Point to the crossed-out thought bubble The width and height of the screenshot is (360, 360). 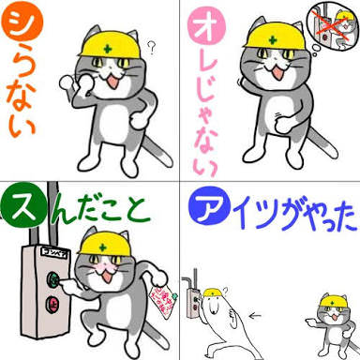click(333, 25)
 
